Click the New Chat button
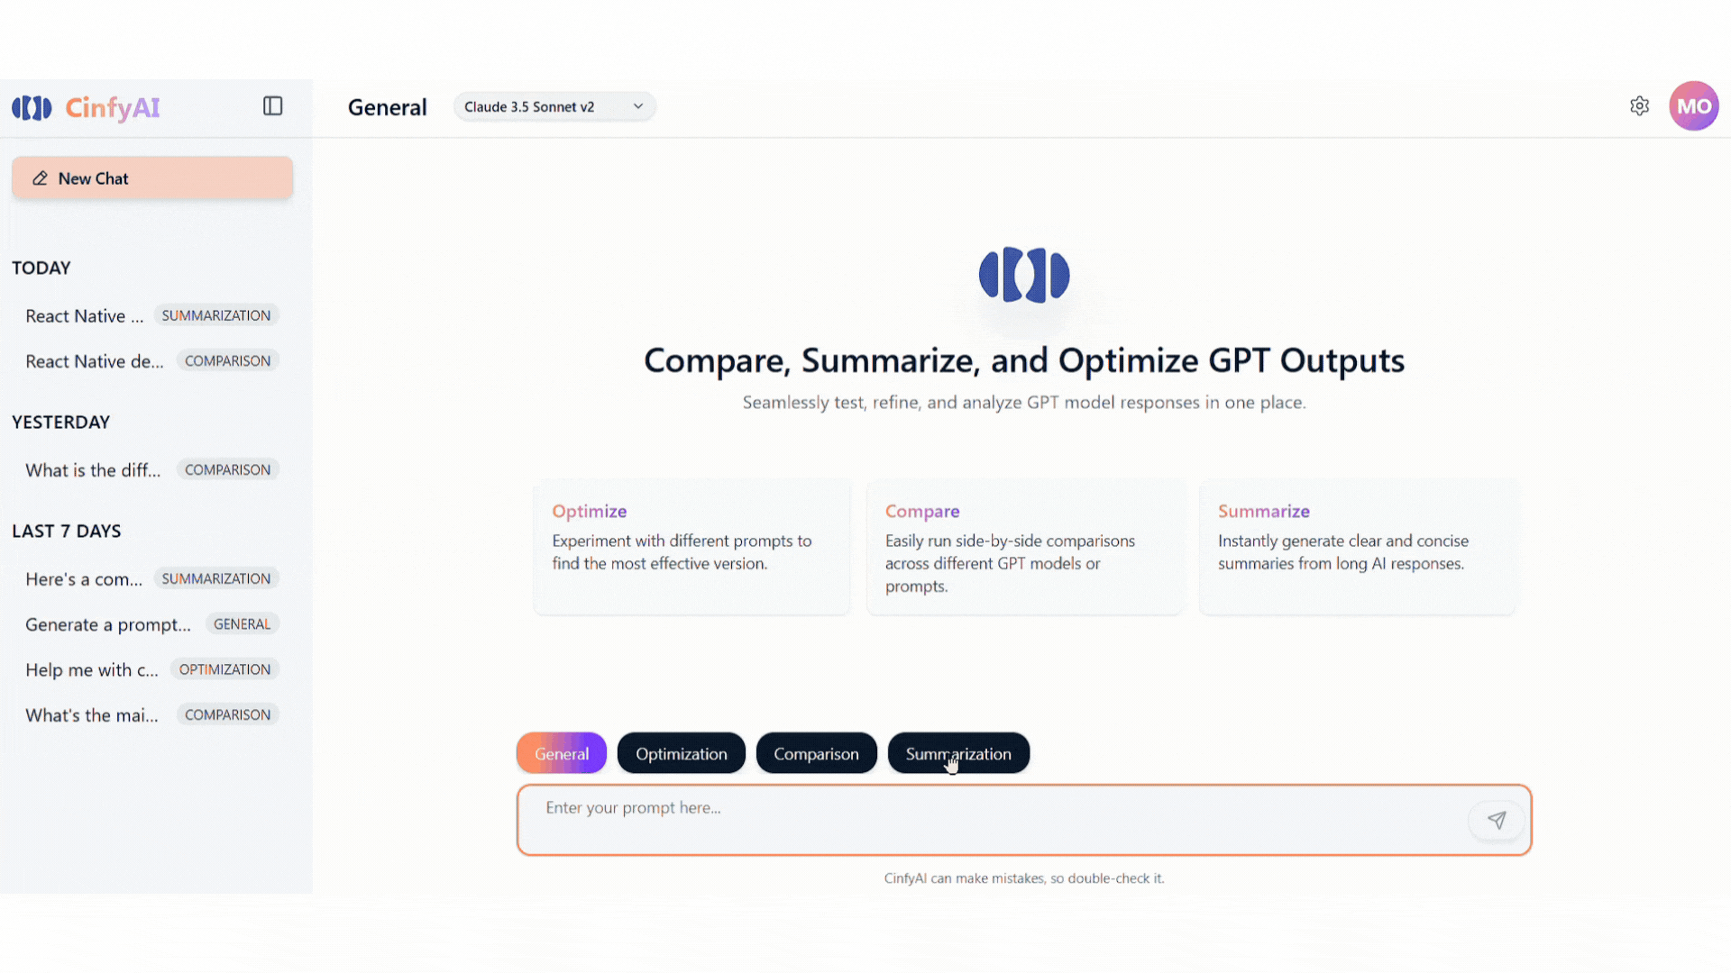pos(152,178)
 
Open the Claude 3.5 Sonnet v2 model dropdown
pos(554,106)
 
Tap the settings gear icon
pos(1640,106)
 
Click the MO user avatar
pos(1694,106)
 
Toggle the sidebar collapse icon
pos(273,106)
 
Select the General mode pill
pos(562,753)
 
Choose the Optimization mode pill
pos(682,753)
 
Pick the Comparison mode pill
pos(816,753)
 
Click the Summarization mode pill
pos(958,753)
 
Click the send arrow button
pos(1497,820)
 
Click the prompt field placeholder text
pos(633,808)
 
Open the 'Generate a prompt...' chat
pos(108,624)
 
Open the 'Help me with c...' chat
pos(92,669)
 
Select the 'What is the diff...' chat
pos(93,470)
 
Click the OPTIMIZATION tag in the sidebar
pos(224,669)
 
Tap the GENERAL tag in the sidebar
pos(242,624)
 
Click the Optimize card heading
pos(590,511)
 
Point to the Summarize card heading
pos(1264,511)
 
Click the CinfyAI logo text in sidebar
pos(113,108)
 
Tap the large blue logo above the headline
pos(1024,275)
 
